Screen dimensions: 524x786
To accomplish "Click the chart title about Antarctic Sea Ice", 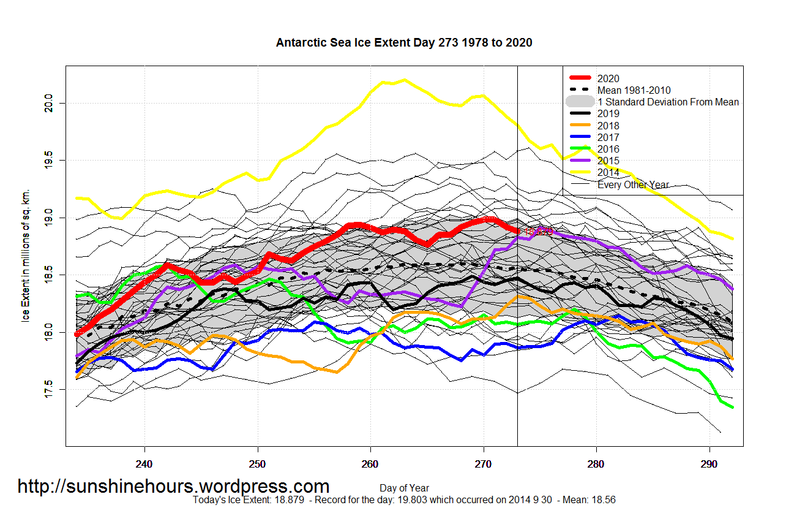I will coord(404,43).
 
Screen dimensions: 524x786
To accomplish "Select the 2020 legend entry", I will coord(608,78).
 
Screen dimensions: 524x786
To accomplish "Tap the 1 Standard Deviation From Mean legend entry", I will coord(668,102).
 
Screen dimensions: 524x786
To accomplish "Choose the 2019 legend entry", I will coord(608,113).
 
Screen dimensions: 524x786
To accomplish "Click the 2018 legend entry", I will coord(608,126).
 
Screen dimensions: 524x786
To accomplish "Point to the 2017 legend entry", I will coord(608,137).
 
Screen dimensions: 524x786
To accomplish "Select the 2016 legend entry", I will coord(608,149).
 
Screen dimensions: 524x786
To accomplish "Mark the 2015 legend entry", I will coord(608,161).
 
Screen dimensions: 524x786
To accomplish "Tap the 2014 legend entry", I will coord(608,173).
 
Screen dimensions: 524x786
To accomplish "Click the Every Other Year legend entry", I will coord(633,184).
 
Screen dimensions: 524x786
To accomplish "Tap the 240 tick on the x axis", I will coord(144,465).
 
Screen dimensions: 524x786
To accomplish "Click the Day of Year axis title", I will coord(404,488).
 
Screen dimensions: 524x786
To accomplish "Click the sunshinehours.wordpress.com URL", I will coord(173,487).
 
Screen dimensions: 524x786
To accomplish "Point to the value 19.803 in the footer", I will coord(358,500).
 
